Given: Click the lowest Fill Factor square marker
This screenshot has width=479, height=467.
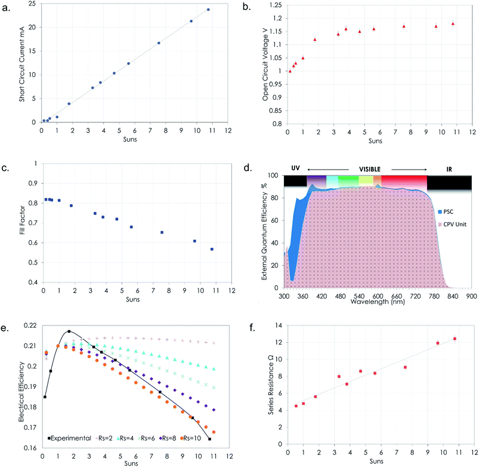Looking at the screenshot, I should [212, 249].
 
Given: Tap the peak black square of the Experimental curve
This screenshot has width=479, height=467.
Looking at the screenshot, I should [69, 331].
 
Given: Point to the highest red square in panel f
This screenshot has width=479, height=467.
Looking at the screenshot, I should [455, 339].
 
